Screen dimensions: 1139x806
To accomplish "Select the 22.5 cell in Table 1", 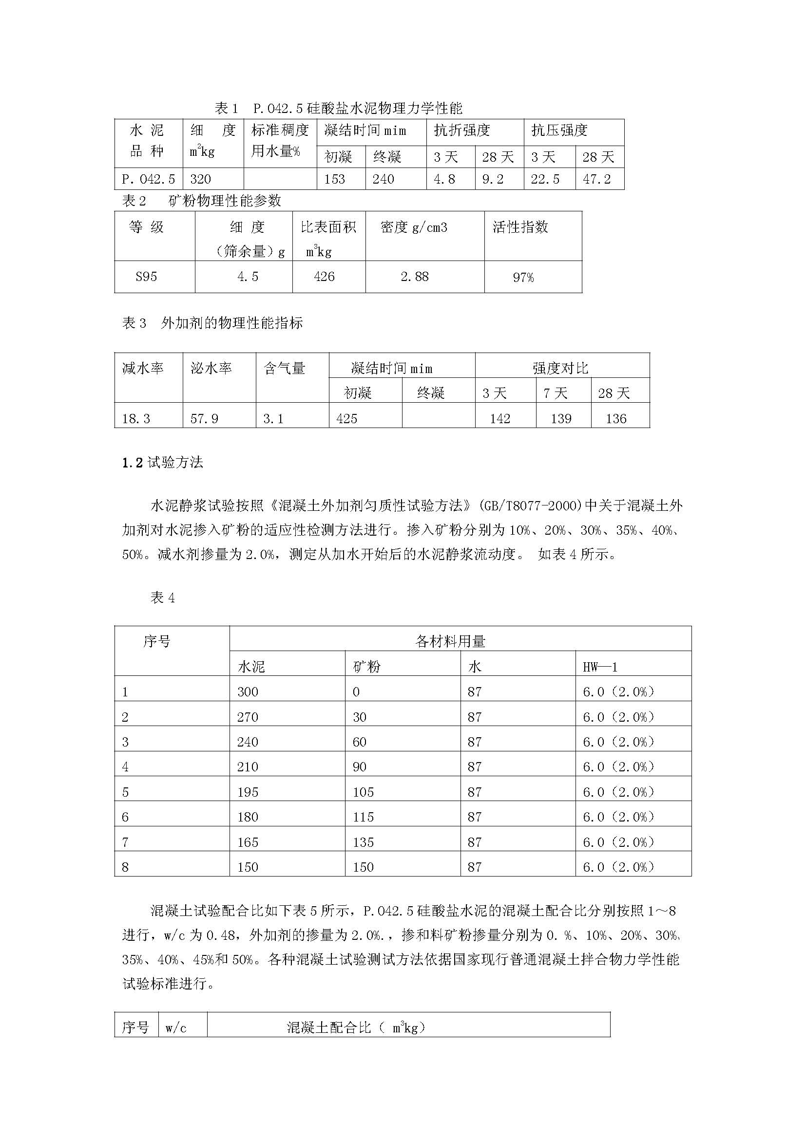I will coord(545,179).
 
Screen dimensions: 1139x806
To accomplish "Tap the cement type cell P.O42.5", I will coord(149,179).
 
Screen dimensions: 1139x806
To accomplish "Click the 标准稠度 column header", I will coord(280,131).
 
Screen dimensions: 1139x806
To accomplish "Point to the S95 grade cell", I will coord(146,276).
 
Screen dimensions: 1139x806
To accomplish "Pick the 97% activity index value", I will coord(523,277).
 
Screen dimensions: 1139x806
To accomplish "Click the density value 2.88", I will coord(414,276).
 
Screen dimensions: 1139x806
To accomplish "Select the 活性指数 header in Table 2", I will coord(520,227).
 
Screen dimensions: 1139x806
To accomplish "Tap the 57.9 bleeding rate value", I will coord(205,419).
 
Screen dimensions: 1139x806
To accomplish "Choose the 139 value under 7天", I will coord(561,419).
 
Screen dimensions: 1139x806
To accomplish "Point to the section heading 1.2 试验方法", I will coord(163,463).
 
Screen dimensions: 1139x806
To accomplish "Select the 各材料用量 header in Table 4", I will coord(450,641).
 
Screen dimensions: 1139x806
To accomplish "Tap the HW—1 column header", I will coord(600,667).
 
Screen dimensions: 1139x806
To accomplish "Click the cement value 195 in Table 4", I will coord(248,792).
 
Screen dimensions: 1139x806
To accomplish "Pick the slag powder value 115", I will coord(364,817).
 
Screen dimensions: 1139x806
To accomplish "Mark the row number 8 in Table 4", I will coord(125,867).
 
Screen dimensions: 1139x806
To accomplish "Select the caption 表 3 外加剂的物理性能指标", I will coord(212,323).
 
